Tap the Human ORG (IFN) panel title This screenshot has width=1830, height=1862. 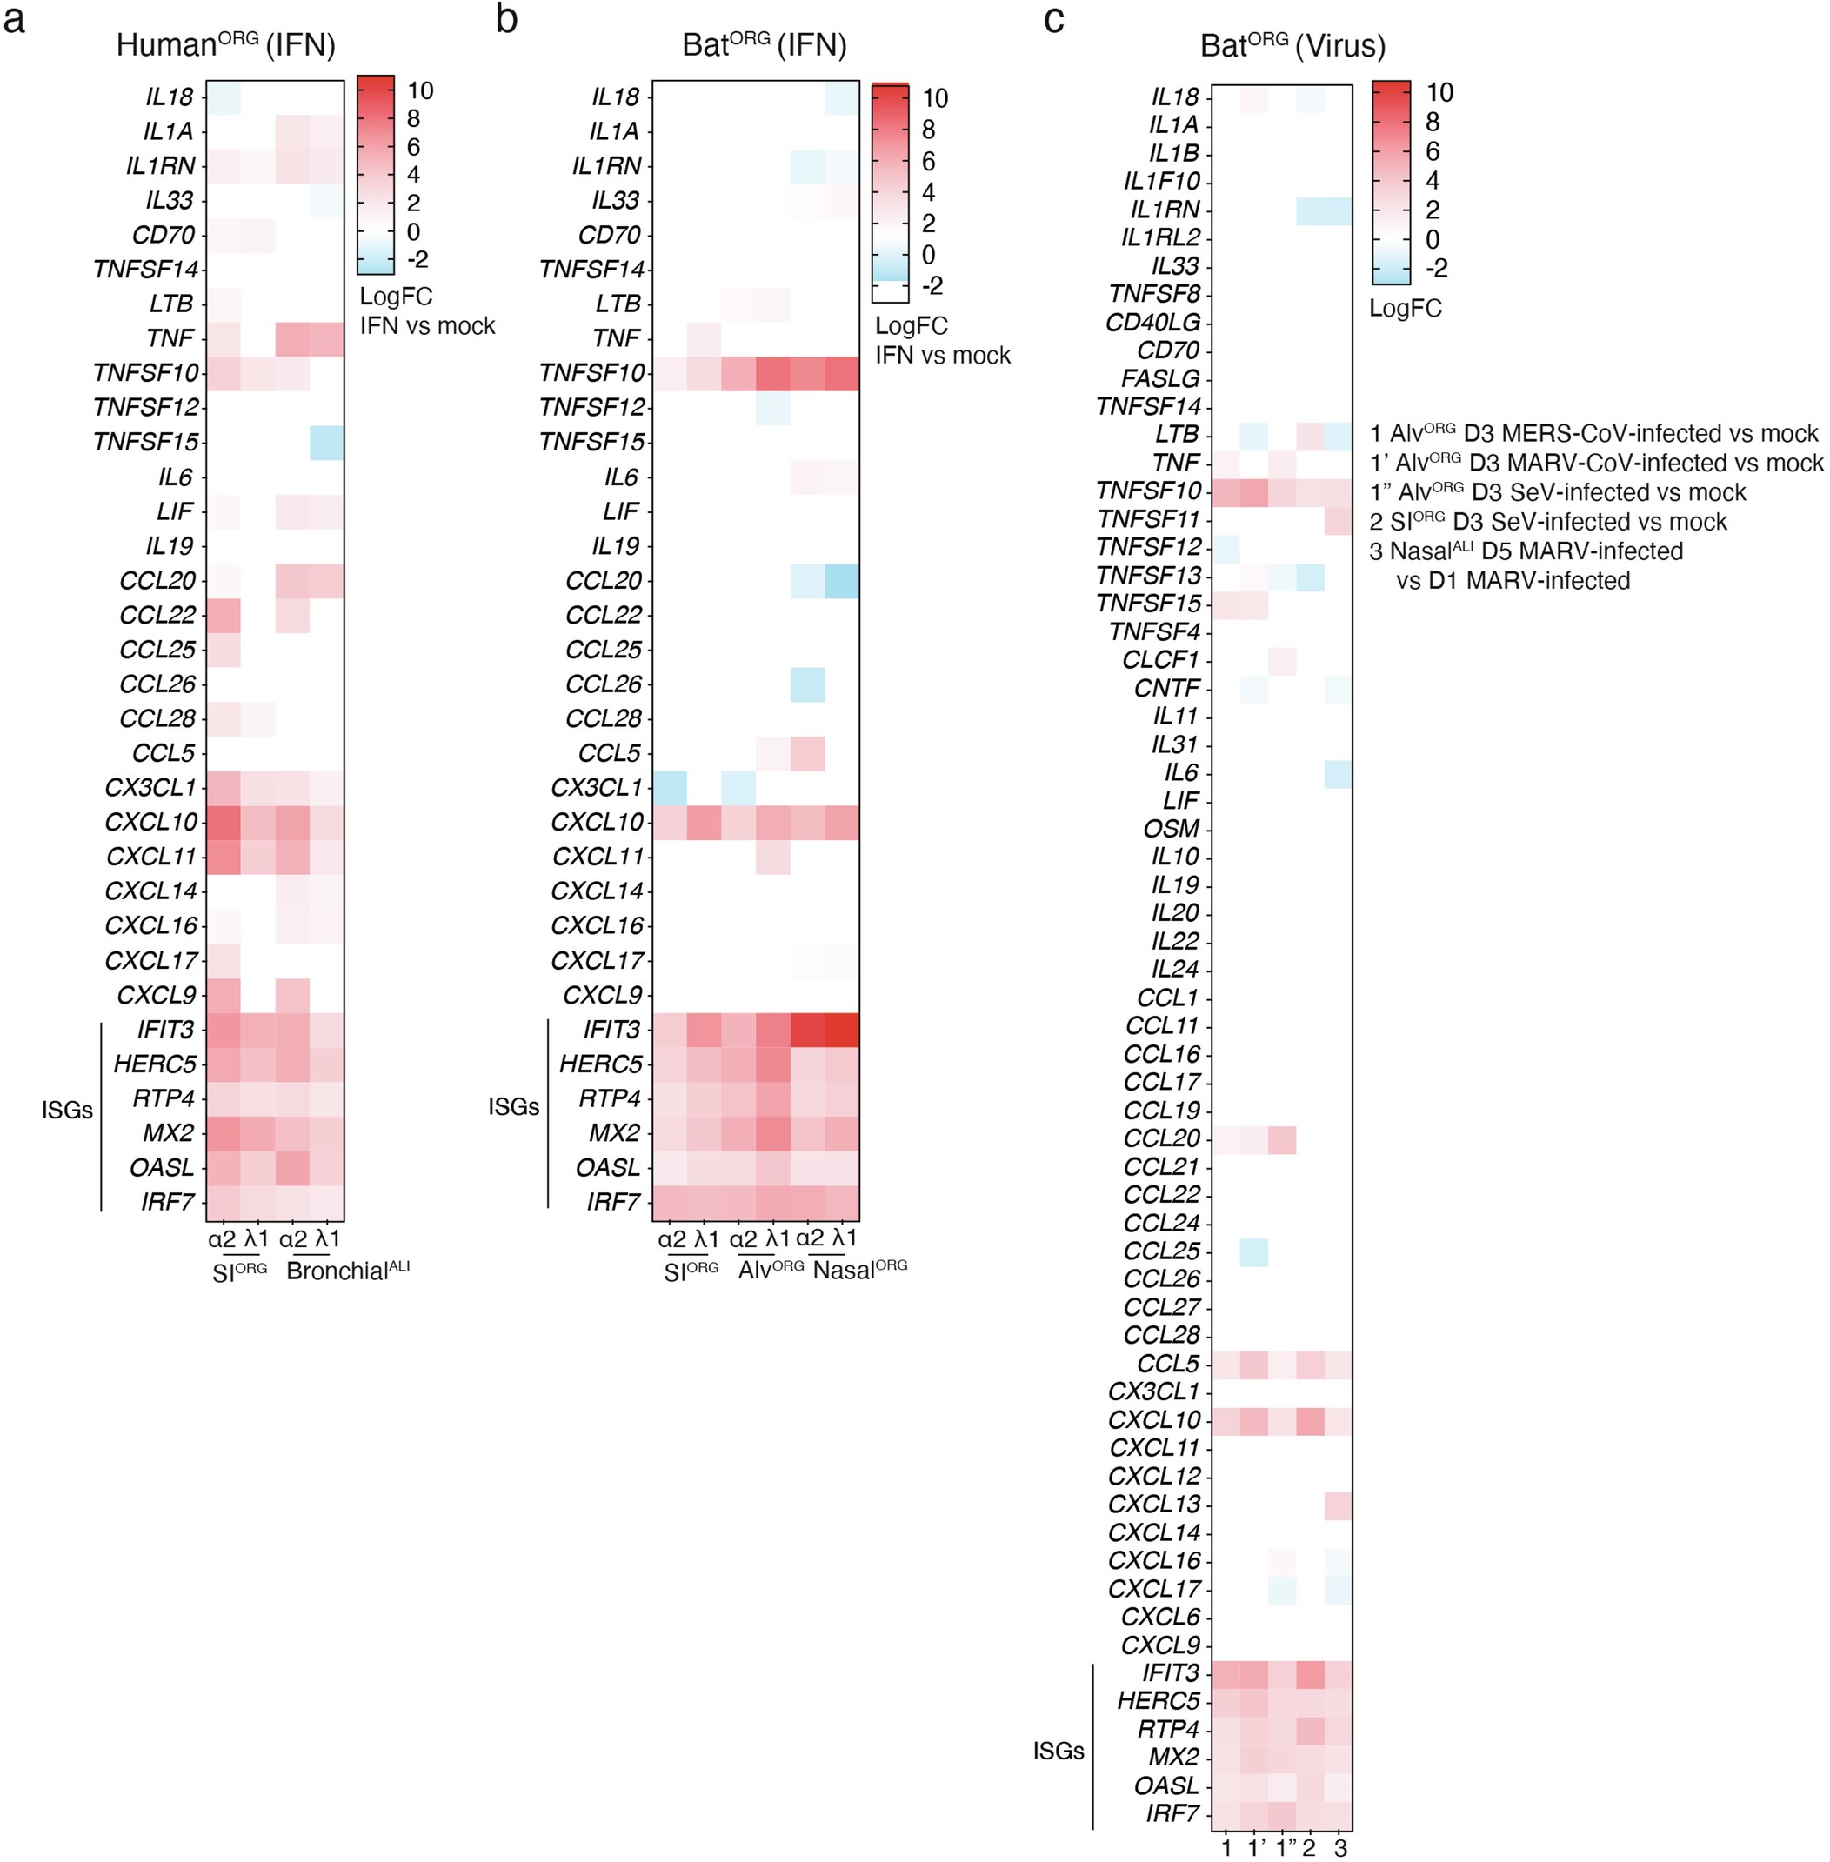(x=226, y=45)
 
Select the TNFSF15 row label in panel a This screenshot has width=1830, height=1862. (x=145, y=442)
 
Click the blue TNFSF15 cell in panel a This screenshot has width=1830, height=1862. (x=327, y=442)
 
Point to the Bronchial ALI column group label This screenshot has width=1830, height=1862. (x=347, y=1271)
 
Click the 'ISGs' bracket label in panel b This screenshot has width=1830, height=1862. (x=513, y=1106)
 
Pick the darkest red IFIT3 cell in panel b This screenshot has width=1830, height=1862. (x=843, y=1030)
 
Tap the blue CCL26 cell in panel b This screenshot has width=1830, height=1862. (x=807, y=684)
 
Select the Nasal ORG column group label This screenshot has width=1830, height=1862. (x=859, y=1270)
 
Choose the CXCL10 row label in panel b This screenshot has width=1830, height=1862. (x=597, y=823)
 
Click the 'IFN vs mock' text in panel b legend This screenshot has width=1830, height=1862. (x=942, y=356)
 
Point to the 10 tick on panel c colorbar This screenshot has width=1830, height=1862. (x=1439, y=92)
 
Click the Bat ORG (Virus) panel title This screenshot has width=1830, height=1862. (x=1292, y=45)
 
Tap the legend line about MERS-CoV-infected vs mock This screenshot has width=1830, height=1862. (x=1593, y=433)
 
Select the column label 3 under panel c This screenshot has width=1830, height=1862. (x=1339, y=1847)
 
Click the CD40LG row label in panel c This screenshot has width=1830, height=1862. (x=1152, y=322)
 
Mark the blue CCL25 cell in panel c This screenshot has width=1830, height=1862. (x=1253, y=1251)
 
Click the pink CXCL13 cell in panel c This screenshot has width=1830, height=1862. (x=1338, y=1505)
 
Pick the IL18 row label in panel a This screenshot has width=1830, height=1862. (x=169, y=97)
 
